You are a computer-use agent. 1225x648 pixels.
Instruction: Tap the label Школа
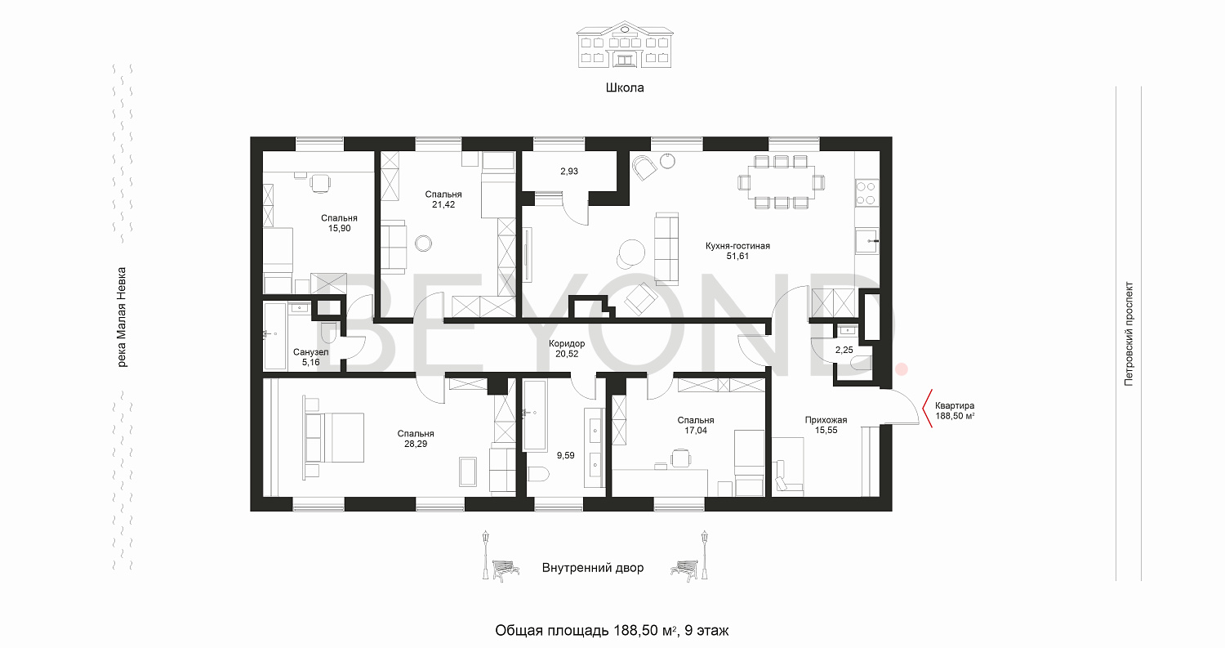click(x=625, y=87)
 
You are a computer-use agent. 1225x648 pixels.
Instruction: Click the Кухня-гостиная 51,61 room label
click(x=737, y=251)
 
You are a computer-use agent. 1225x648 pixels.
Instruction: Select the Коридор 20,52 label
click(x=567, y=349)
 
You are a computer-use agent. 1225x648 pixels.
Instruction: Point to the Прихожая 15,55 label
click(x=826, y=425)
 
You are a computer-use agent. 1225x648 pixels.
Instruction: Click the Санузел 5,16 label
click(x=310, y=357)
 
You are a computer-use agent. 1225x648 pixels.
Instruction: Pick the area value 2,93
click(x=568, y=172)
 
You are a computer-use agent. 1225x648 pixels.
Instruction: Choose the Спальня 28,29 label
click(x=416, y=438)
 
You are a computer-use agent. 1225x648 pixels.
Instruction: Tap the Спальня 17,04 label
click(x=696, y=425)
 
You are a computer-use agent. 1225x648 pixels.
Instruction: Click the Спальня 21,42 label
click(x=443, y=199)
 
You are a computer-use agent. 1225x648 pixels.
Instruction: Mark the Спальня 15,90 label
click(x=339, y=223)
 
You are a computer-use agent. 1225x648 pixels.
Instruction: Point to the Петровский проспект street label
click(x=1129, y=334)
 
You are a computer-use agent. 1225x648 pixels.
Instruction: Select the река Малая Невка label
click(x=122, y=317)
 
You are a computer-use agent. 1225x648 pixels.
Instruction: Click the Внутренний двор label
click(x=593, y=568)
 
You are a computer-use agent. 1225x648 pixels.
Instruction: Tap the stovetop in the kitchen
click(x=866, y=193)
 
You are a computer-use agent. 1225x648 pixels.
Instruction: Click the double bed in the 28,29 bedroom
click(x=334, y=437)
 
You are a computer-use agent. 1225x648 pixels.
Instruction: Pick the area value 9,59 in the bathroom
click(x=565, y=455)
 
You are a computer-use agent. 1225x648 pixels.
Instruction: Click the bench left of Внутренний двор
click(x=506, y=570)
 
